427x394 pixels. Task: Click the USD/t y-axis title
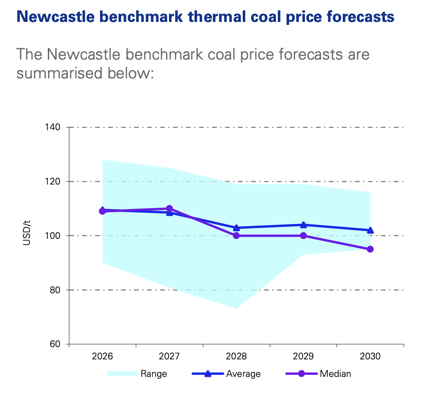pyautogui.click(x=26, y=236)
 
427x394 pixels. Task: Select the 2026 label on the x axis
pyautogui.click(x=103, y=356)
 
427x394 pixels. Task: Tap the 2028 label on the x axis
pyautogui.click(x=237, y=356)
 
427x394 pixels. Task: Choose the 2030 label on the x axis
pyautogui.click(x=370, y=356)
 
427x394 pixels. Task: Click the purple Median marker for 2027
pyautogui.click(x=169, y=209)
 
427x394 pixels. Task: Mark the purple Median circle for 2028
pyautogui.click(x=237, y=236)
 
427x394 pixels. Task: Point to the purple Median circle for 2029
pyautogui.click(x=303, y=236)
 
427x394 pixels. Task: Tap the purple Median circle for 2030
pyautogui.click(x=370, y=249)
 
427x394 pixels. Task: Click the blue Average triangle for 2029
pyautogui.click(x=303, y=225)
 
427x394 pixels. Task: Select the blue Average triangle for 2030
pyautogui.click(x=370, y=230)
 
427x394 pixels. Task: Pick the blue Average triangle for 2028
pyautogui.click(x=237, y=228)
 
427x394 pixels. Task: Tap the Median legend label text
pyautogui.click(x=335, y=374)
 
